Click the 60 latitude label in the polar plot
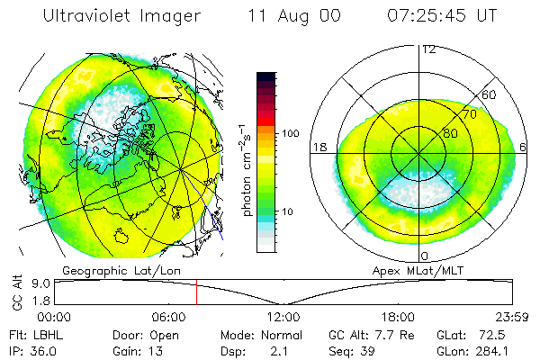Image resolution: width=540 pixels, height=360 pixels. click(490, 95)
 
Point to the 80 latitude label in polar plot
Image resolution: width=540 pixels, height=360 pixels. click(450, 133)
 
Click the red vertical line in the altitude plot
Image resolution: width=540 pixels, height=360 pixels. click(196, 292)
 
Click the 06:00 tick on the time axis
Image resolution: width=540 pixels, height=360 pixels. click(168, 316)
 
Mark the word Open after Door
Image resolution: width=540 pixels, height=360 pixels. click(165, 334)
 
